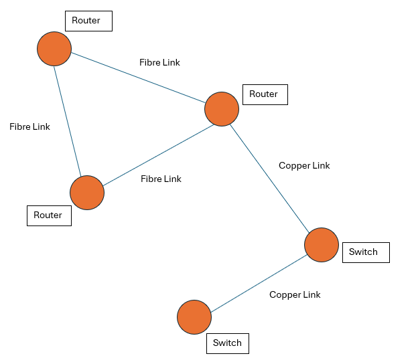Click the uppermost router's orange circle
click(x=54, y=49)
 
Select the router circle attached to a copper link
click(x=221, y=109)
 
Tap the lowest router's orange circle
click(x=87, y=193)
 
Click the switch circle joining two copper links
click(x=322, y=244)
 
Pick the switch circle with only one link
click(x=194, y=317)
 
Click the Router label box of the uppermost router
click(x=88, y=21)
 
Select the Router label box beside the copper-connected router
click(x=265, y=94)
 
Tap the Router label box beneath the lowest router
click(x=48, y=215)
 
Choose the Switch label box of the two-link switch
click(x=365, y=252)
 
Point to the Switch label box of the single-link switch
click(x=227, y=343)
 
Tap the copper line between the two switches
click(x=258, y=280)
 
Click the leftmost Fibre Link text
click(x=29, y=126)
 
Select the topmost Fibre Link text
click(x=159, y=62)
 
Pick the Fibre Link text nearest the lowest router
click(x=161, y=179)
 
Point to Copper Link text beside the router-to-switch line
click(x=304, y=165)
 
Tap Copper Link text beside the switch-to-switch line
click(x=295, y=294)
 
